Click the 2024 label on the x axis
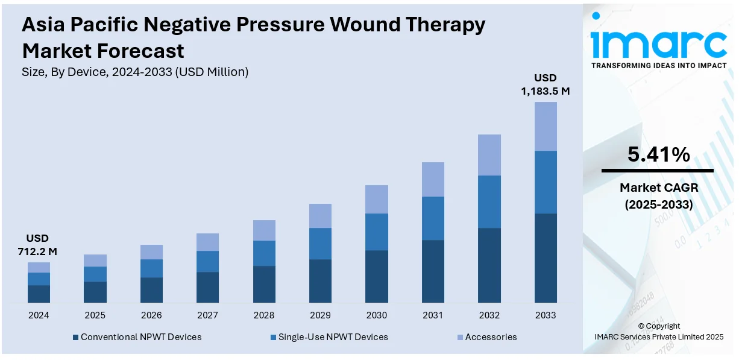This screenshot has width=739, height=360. (39, 315)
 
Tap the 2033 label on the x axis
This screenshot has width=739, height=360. (546, 315)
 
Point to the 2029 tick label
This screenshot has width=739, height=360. (320, 315)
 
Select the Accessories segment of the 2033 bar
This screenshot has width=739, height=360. (546, 126)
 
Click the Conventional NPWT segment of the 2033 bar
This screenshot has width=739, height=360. (546, 257)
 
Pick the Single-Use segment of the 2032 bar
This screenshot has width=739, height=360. (489, 201)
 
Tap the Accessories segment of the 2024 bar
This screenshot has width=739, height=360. (39, 267)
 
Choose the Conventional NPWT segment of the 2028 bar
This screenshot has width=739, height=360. (264, 284)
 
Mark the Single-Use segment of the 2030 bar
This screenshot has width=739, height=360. (377, 232)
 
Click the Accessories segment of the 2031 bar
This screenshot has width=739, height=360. (433, 179)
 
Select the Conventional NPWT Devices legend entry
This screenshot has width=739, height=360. (137, 337)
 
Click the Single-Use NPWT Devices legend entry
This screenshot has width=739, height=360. (329, 337)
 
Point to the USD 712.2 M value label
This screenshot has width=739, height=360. (37, 244)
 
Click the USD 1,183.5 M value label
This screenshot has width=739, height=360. (545, 84)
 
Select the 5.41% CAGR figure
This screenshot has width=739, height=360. (658, 155)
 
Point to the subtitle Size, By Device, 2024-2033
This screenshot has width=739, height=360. (135, 72)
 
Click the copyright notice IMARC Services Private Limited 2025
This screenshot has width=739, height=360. (659, 336)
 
